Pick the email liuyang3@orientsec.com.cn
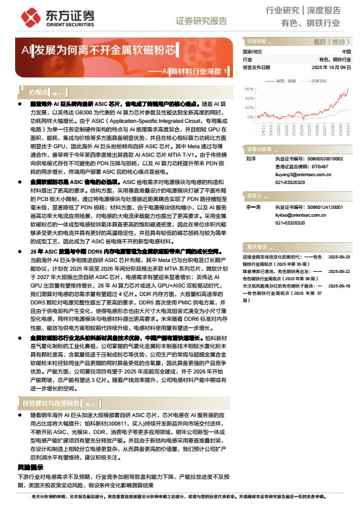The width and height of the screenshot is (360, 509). click(296, 172)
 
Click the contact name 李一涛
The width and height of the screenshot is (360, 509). click(253, 207)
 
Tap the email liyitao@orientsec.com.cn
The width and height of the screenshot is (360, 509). click(295, 215)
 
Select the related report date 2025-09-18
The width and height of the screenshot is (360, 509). click(339, 284)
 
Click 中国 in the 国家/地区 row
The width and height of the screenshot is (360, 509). click(346, 52)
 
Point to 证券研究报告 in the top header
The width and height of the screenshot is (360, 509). click(201, 21)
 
